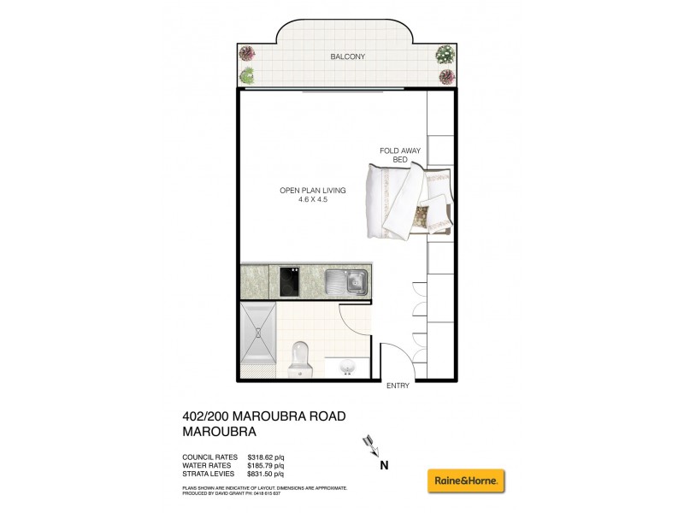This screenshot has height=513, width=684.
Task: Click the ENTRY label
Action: [x=398, y=386]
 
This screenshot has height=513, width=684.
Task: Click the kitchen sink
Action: [x=346, y=280]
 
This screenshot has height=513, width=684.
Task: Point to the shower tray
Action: [x=259, y=339]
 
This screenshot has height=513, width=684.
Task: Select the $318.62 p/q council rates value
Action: [x=265, y=457]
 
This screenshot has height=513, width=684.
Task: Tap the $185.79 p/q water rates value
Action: [x=265, y=465]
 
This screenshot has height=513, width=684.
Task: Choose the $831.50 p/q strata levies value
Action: [x=265, y=474]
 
